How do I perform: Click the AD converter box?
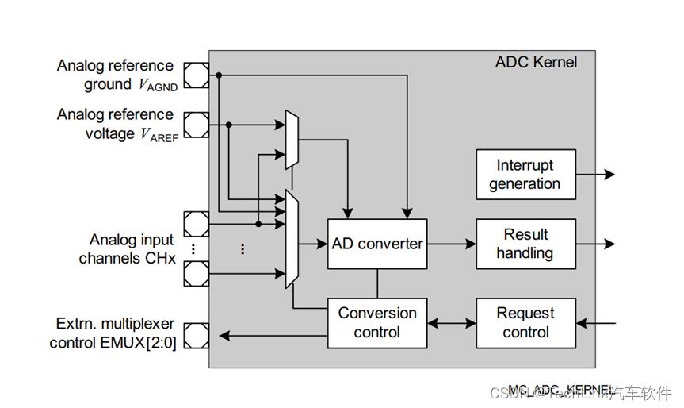(376, 244)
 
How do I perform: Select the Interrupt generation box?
(525, 175)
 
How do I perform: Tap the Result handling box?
(525, 244)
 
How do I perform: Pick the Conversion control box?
(376, 322)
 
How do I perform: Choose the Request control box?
(525, 322)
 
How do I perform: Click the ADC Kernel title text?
(536, 62)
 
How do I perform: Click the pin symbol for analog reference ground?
(196, 75)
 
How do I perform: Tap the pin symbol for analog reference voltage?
(196, 125)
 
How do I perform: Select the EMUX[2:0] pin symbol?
(196, 336)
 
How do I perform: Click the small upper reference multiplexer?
(292, 139)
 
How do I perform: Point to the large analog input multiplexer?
(291, 238)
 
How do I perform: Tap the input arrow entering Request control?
(596, 323)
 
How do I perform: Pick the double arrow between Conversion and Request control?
(452, 323)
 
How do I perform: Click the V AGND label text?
(158, 85)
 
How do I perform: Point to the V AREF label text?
(159, 134)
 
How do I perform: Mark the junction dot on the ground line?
(219, 75)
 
